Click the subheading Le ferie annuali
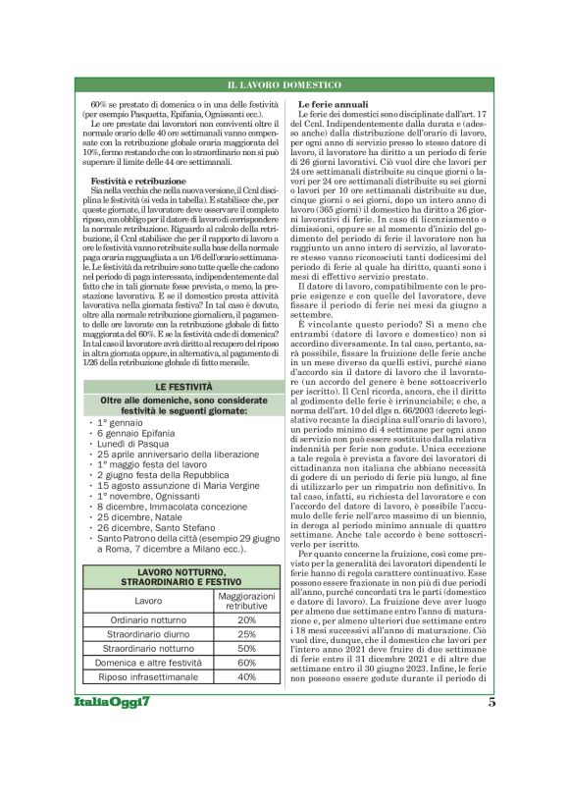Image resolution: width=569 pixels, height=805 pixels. tap(333, 103)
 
